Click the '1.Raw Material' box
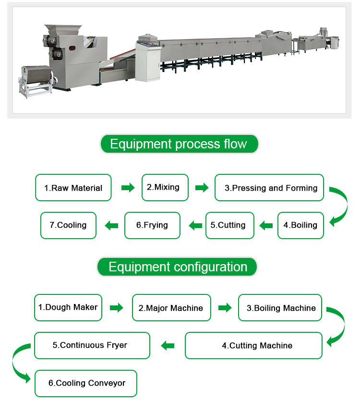(73, 188)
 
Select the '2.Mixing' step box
(165, 187)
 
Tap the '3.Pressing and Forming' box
(269, 188)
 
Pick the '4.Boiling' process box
(300, 225)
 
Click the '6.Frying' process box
(152, 225)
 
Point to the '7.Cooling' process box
(68, 225)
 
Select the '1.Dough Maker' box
(68, 307)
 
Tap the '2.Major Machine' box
(171, 308)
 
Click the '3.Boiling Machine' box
(280, 308)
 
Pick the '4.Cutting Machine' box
(253, 345)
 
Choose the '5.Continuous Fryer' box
(92, 345)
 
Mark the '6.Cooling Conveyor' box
(85, 383)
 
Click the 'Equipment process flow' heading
(179, 144)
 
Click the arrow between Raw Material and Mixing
(128, 188)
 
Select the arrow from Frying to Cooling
(112, 225)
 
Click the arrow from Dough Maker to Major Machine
(117, 308)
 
